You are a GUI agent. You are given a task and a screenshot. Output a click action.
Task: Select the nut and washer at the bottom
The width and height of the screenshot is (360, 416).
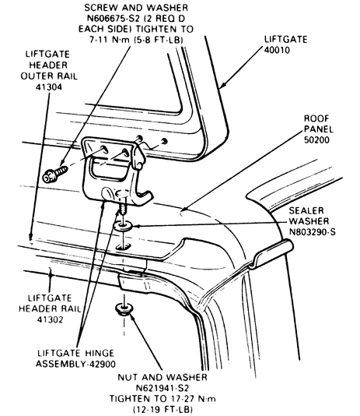tap(124, 309)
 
